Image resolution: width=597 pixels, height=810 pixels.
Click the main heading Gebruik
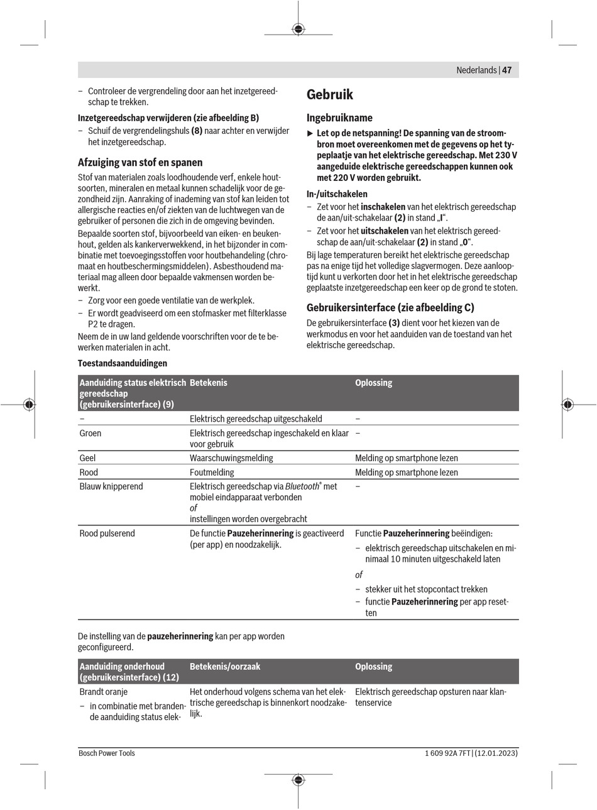point(330,95)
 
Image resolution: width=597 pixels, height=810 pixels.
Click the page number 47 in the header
point(507,70)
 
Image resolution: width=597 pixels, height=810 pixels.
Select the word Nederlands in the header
point(476,70)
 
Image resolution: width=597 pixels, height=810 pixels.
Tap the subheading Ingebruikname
point(339,118)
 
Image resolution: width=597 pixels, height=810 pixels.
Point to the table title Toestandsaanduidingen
point(123,363)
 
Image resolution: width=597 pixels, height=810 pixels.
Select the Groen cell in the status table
point(90,433)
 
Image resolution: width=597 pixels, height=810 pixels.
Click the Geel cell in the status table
point(87,458)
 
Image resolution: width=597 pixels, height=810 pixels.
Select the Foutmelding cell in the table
point(212,473)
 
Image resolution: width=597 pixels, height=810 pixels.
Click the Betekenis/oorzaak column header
point(225,667)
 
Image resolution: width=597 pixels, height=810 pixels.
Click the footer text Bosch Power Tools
point(107,753)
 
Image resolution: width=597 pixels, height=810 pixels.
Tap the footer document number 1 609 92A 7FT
point(442,753)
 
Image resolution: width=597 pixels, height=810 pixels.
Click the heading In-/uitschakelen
point(337,194)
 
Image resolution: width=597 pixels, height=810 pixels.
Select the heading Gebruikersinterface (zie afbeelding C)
point(390,308)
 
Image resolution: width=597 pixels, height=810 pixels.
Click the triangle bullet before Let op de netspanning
point(310,133)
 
